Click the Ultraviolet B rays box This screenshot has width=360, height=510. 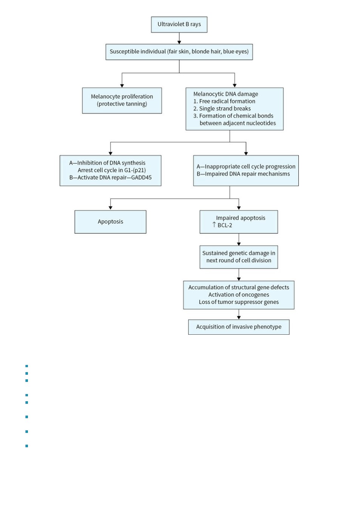click(179, 25)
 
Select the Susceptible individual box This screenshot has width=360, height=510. click(179, 52)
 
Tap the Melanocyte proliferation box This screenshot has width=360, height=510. click(122, 100)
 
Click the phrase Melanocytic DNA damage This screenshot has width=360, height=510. click(226, 94)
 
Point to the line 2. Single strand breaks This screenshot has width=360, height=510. click(222, 108)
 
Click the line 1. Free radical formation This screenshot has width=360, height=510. click(224, 101)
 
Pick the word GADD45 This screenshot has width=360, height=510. click(141, 178)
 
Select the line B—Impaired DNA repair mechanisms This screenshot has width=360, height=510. click(243, 174)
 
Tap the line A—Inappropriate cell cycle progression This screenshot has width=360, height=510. click(246, 167)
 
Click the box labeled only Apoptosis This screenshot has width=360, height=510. click(110, 222)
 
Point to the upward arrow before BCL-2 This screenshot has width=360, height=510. click(214, 225)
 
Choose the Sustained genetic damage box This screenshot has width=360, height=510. click(239, 257)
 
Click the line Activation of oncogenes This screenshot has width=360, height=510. click(239, 295)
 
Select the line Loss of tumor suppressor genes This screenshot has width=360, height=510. click(239, 302)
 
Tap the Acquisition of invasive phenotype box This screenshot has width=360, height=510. click(239, 327)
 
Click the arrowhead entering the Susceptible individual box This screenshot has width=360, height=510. click(179, 42)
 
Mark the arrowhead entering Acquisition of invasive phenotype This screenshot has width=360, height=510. click(239, 318)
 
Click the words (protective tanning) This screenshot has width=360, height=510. click(122, 104)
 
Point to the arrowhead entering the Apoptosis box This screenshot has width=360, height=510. click(110, 208)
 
